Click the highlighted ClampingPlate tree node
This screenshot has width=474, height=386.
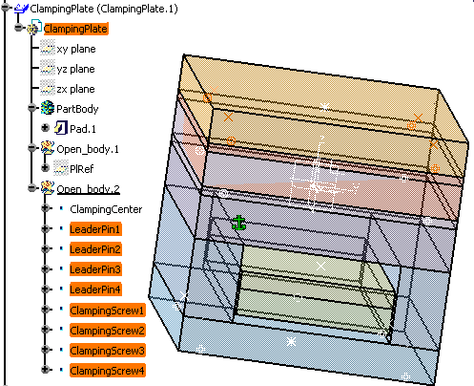point(76,29)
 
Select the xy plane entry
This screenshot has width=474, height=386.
point(76,49)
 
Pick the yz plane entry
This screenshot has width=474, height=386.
point(75,69)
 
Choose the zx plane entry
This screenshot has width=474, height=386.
point(75,89)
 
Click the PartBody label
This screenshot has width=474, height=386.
point(77,109)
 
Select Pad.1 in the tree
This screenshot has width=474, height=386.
point(83,129)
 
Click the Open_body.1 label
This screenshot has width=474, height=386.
point(88,149)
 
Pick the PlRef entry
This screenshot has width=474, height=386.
point(82,169)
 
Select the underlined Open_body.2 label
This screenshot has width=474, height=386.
point(88,189)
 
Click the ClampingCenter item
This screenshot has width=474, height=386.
point(106,209)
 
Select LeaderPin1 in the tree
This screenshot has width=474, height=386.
point(95,229)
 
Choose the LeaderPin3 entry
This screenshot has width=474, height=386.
point(95,269)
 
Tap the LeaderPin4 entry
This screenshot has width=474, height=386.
point(95,289)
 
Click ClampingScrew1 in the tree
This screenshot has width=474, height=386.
point(108,311)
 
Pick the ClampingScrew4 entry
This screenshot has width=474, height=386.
point(108,371)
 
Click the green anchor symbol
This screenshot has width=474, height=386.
point(238,223)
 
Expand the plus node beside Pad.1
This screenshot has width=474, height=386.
point(46,128)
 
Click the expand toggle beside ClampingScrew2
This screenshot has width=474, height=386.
point(46,329)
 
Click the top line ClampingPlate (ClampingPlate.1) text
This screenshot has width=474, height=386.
point(104,9)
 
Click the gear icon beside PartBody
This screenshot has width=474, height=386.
point(48,108)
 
